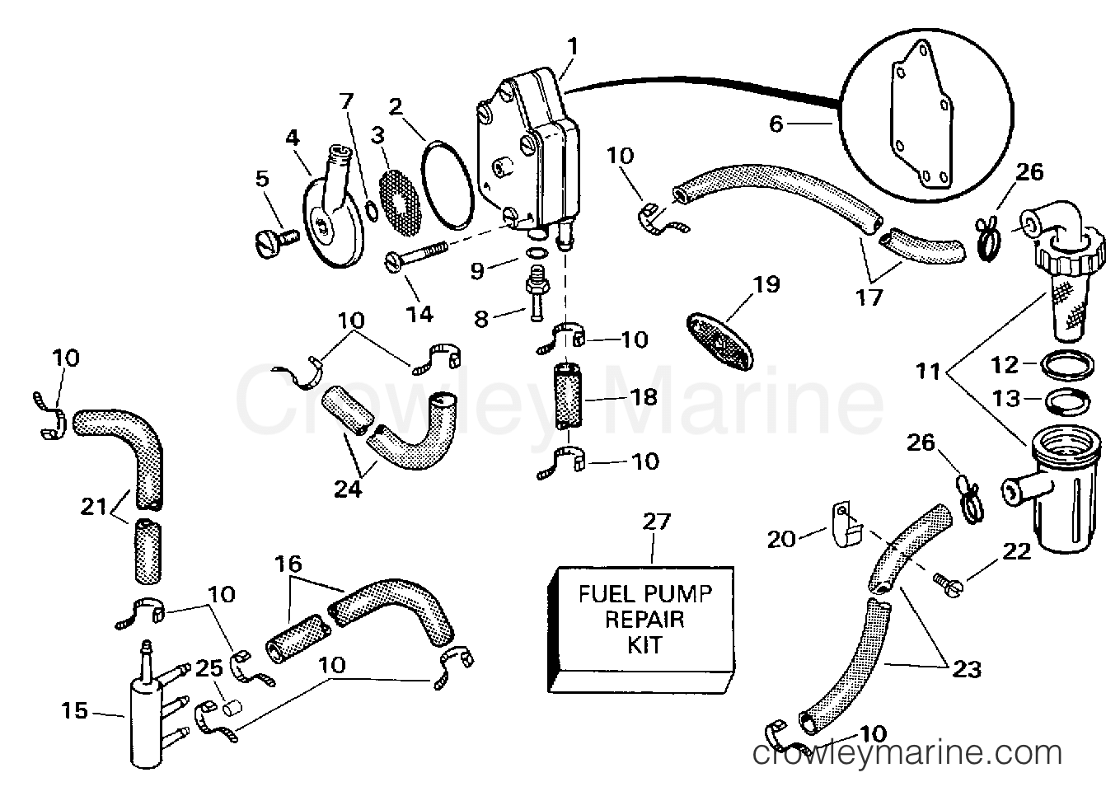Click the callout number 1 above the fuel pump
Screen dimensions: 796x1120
point(572,46)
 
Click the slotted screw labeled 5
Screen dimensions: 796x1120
point(272,240)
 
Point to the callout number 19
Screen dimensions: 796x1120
point(766,285)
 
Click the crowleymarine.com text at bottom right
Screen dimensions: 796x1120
point(906,752)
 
